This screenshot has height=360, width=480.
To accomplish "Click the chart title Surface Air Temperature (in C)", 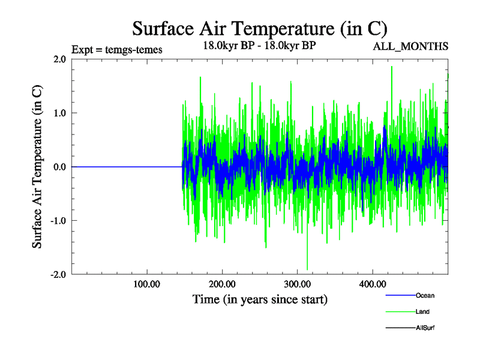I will tap(259, 28).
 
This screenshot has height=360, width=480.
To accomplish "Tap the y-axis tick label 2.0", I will tap(59, 59).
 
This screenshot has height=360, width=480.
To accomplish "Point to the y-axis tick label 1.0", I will tap(59, 113).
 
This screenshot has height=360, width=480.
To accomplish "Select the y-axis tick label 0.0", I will tap(59, 167).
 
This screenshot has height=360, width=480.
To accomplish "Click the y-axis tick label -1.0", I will tap(58, 220).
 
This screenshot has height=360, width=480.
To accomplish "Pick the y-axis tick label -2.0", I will tap(58, 274).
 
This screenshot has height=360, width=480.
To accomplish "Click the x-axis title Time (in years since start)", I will tap(260, 299).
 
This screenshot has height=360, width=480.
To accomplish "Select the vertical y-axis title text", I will tap(37, 167).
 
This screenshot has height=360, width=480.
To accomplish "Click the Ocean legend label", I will tap(425, 295).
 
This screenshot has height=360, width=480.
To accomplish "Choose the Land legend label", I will tap(422, 311).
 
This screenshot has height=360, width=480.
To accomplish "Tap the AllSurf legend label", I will tap(425, 328).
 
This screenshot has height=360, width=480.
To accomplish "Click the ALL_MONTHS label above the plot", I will tap(411, 47).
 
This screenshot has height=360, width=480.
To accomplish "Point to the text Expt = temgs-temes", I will tap(116, 50).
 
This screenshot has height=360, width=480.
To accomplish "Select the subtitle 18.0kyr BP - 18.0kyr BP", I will tap(259, 46).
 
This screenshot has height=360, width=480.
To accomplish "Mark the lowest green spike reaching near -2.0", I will tap(307, 268).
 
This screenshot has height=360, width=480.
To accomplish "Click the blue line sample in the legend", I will tap(400, 295).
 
